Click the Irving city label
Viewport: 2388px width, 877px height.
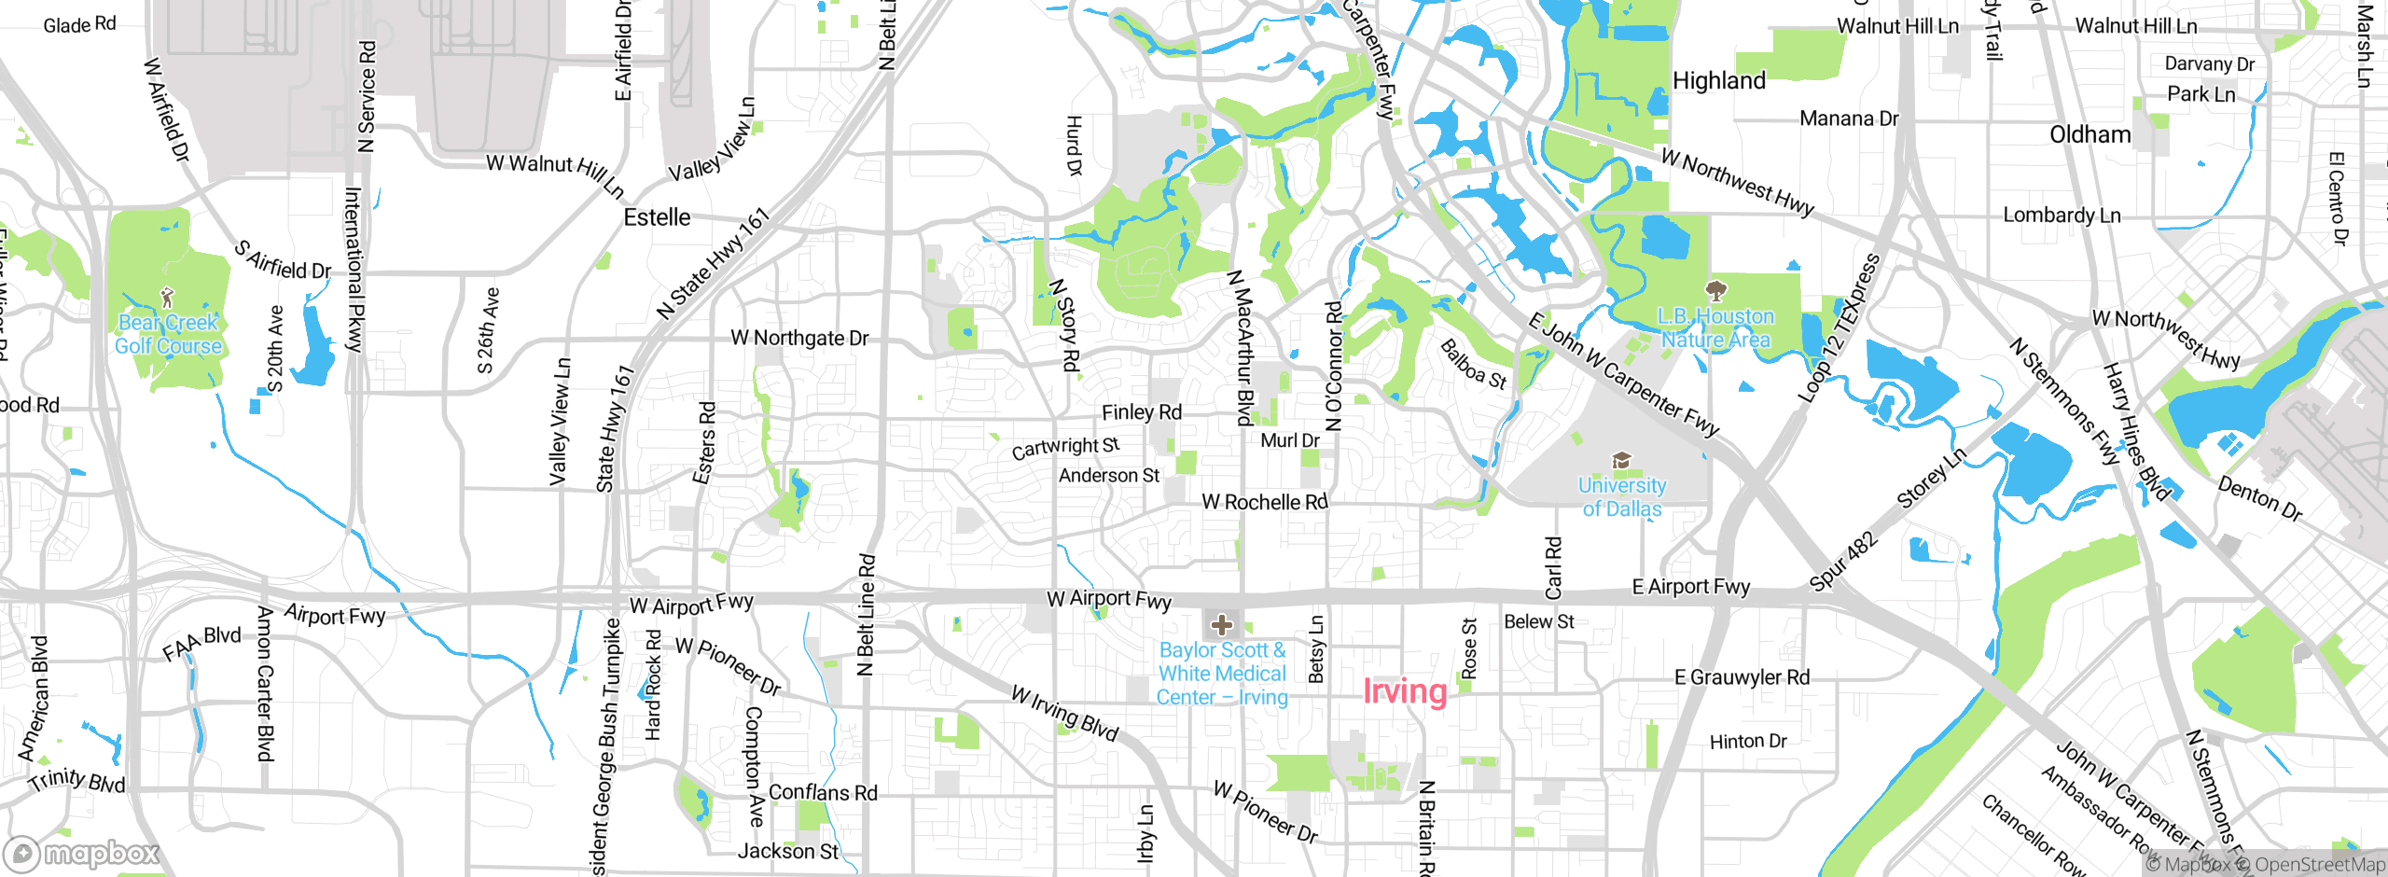click(x=1405, y=691)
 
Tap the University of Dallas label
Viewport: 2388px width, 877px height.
click(x=1622, y=497)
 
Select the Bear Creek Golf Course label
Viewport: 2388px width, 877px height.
click(x=168, y=334)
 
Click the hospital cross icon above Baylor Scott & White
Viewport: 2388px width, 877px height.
click(x=1222, y=624)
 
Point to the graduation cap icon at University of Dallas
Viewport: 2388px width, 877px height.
click(x=1622, y=460)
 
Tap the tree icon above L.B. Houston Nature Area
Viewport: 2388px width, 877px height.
click(x=1715, y=290)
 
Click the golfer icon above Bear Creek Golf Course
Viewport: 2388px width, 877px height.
click(x=168, y=298)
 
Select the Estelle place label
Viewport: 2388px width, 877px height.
click(x=657, y=217)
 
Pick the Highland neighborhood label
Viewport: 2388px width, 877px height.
click(x=1719, y=81)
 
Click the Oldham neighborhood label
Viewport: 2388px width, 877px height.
click(x=2089, y=135)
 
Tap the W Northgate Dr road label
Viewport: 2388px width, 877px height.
click(x=799, y=338)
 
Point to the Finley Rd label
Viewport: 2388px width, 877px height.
click(x=1141, y=412)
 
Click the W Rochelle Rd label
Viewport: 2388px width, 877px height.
click(x=1264, y=502)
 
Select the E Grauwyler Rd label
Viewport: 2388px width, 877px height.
click(x=1742, y=677)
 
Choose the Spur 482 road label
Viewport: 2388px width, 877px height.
click(x=1842, y=562)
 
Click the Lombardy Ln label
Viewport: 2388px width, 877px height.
click(x=2062, y=216)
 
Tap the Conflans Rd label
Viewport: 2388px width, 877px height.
click(x=823, y=793)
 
